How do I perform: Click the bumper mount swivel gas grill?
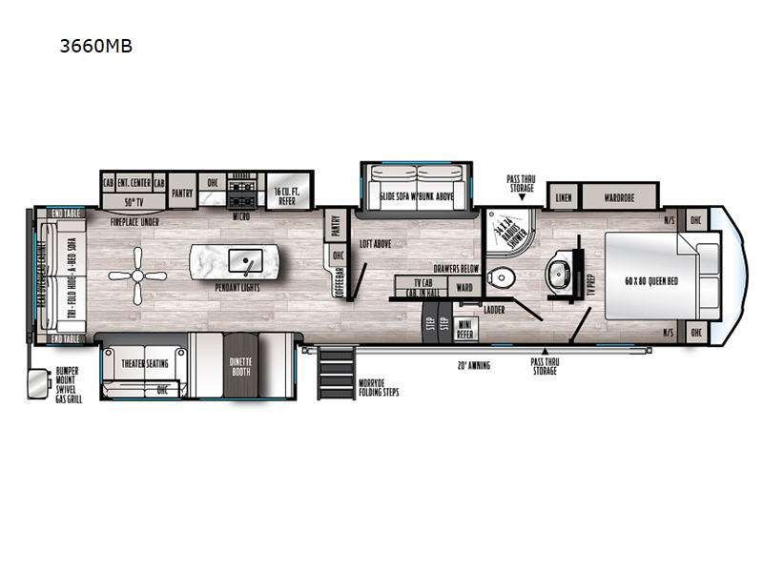tap(39, 382)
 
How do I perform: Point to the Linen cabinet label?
tap(563, 197)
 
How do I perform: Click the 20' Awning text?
tap(474, 364)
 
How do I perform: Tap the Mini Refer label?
tap(465, 330)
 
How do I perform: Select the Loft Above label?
tap(377, 244)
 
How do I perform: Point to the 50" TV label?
tap(134, 203)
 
